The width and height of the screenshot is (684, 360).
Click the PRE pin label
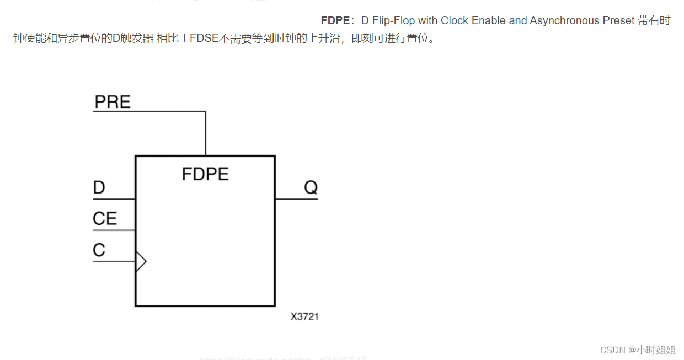(x=113, y=102)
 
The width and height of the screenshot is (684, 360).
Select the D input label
(x=99, y=188)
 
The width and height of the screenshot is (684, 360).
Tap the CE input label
(x=105, y=219)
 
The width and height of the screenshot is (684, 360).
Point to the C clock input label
(x=99, y=250)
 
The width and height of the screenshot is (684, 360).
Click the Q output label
(x=311, y=187)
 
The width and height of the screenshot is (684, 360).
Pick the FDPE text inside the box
(x=205, y=174)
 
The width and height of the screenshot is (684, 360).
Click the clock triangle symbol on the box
(x=141, y=261)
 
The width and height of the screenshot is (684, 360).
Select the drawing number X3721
(x=304, y=316)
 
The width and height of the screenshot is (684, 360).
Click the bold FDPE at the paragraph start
(x=335, y=20)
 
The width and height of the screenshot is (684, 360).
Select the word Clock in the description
(x=455, y=20)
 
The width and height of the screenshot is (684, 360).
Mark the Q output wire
(x=296, y=198)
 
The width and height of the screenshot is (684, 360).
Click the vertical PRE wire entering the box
(x=206, y=133)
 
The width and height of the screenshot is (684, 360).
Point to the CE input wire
(x=114, y=230)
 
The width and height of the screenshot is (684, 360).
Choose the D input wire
(x=114, y=198)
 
